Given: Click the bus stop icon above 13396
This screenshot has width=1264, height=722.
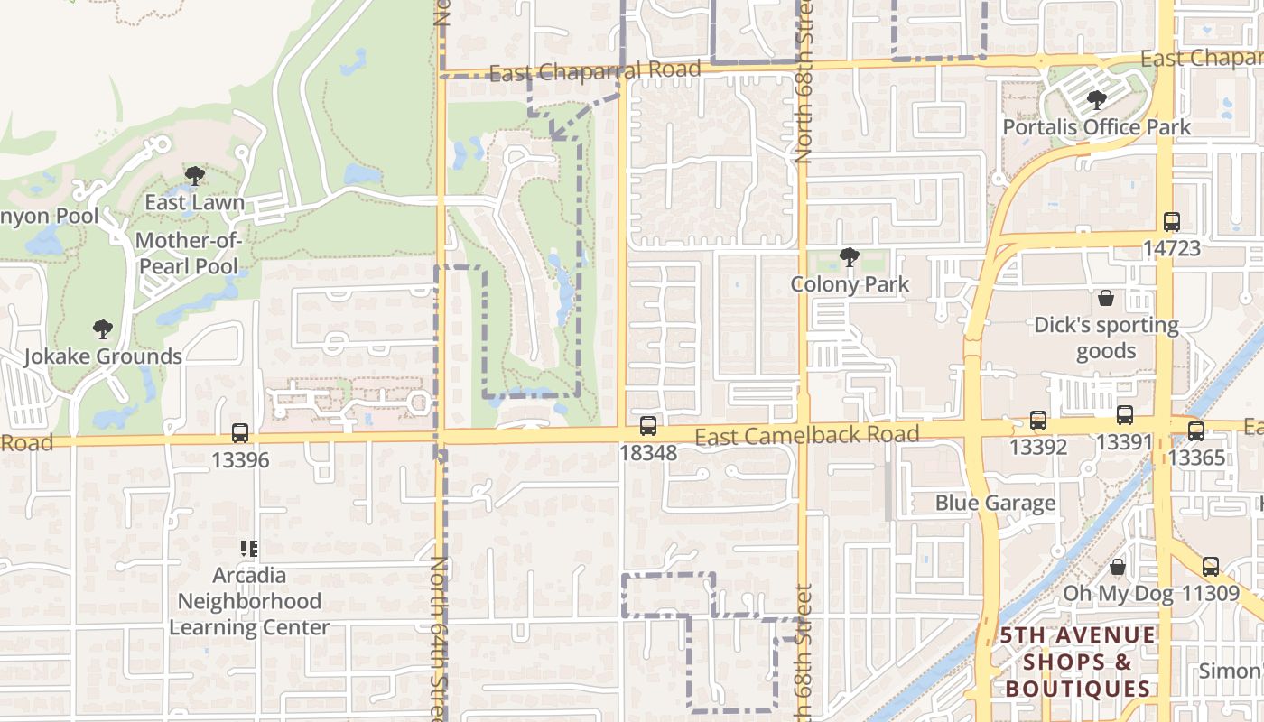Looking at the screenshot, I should (239, 433).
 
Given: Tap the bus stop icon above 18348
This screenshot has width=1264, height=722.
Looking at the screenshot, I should (648, 426).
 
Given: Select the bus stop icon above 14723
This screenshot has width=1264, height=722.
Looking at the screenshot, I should (1171, 221).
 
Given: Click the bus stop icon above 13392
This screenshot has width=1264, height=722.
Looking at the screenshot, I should (1038, 421).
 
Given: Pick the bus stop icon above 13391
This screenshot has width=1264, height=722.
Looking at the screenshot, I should (1124, 416).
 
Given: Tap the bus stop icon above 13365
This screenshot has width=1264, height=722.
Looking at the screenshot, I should (1196, 431).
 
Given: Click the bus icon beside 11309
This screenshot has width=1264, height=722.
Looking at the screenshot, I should (1210, 567).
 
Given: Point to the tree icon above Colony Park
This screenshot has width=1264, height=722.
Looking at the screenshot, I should (849, 257).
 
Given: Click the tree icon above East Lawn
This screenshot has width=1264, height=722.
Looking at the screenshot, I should (194, 175).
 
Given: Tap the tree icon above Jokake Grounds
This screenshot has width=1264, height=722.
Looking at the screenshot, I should (103, 329).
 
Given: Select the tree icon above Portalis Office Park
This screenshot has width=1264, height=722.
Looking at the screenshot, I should (1097, 99).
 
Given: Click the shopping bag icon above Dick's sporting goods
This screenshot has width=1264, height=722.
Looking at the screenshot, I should (1106, 298).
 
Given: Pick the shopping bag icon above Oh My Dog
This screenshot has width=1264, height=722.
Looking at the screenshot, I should (1118, 567).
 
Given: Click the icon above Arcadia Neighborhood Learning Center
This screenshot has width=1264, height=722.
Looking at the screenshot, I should (249, 548).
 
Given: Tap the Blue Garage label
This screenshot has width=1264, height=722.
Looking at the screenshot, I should (995, 504).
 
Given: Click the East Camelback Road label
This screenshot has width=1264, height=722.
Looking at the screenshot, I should (807, 436).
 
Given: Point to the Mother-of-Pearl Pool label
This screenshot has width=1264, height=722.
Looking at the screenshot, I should (188, 254).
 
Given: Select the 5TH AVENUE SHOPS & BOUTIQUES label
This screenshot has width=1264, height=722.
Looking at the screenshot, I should (1077, 662).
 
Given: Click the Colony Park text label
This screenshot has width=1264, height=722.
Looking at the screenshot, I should (850, 284).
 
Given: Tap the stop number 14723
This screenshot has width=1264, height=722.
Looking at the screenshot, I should (1171, 248).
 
